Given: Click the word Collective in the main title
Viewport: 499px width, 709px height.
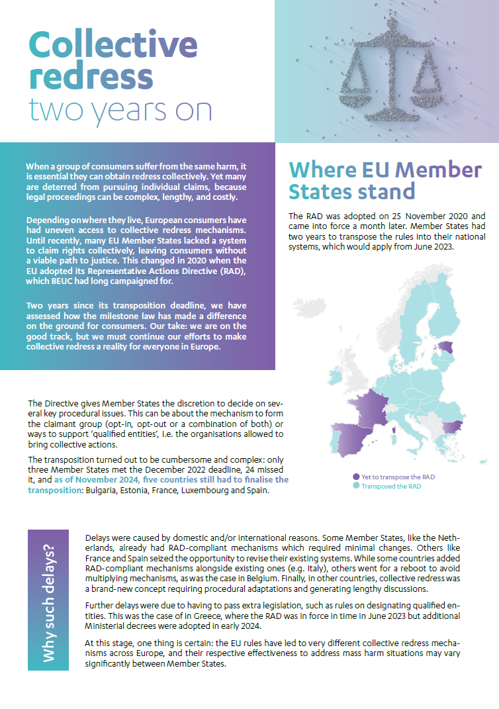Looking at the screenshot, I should pos(113,45).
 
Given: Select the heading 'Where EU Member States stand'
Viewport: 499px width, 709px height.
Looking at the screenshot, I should pos(385,180).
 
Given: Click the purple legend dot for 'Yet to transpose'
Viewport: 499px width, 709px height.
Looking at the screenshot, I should pos(356,477).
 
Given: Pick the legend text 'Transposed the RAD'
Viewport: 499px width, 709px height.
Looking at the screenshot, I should pos(390,486).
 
